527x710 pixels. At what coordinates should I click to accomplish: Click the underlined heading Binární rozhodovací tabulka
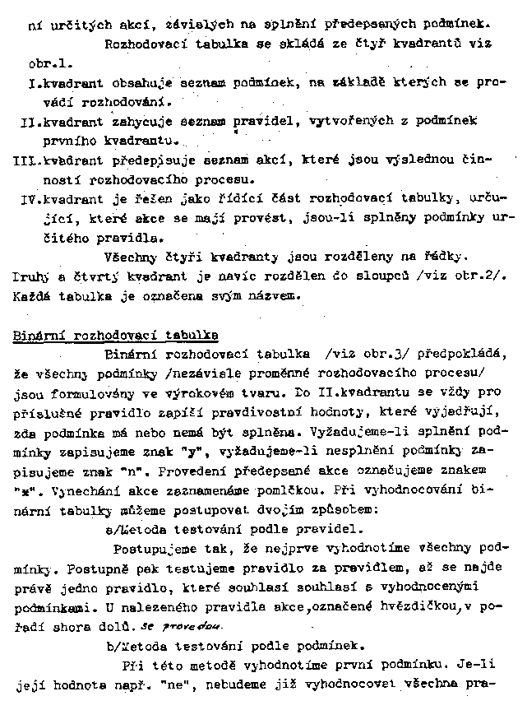116,335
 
